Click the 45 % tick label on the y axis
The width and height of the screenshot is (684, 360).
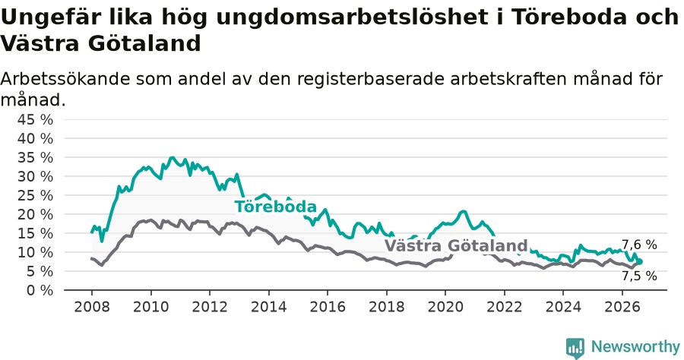coord(35,119)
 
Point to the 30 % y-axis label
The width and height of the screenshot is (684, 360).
coord(35,176)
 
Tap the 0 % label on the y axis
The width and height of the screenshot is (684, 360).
coord(40,290)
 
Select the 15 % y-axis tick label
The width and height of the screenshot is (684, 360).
coord(35,233)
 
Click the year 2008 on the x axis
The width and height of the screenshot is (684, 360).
coord(92,307)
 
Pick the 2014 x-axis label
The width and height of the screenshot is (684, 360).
coord(269,307)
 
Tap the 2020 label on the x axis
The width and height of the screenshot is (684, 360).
coord(445,307)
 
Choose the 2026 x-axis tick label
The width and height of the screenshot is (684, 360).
coord(622,307)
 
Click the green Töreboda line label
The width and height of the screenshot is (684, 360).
coord(275,206)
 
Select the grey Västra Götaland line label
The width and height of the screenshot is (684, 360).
coord(456,245)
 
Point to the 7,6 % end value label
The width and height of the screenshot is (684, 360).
coord(639,245)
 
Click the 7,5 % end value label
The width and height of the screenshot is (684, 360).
coord(639,276)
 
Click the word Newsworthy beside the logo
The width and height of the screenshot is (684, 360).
coord(635,347)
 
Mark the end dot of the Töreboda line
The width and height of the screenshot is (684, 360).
coord(640,261)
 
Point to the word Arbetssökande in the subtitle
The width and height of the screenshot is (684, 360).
coord(65,79)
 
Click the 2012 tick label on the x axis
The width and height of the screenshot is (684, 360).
coord(210,307)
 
